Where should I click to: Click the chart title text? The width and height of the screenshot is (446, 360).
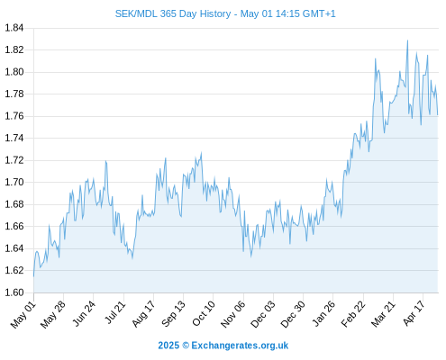click(x=225, y=13)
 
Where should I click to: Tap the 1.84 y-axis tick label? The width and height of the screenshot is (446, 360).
click(x=14, y=28)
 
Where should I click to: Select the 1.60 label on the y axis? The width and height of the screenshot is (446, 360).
click(x=14, y=292)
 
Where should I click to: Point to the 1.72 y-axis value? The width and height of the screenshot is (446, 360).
click(x=14, y=160)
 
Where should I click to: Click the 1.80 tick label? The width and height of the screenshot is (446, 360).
click(x=14, y=72)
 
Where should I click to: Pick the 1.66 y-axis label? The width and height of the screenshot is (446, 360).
click(x=14, y=226)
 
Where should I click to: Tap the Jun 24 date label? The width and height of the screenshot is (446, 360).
click(x=84, y=313)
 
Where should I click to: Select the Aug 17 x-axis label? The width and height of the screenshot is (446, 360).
click(x=143, y=313)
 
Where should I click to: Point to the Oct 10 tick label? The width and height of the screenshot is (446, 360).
click(x=204, y=313)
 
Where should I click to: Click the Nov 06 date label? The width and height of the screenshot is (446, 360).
click(x=233, y=314)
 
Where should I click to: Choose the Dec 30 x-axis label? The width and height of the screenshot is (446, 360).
click(x=293, y=314)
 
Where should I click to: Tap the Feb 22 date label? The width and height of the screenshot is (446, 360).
click(x=353, y=313)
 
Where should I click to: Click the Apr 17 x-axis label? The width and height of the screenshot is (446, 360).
click(x=414, y=313)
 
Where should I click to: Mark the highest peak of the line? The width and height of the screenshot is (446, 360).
click(x=407, y=40)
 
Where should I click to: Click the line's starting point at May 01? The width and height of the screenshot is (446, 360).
click(x=33, y=276)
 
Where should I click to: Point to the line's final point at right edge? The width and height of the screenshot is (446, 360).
click(x=438, y=114)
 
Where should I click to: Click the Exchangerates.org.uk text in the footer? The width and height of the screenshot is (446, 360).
click(x=240, y=346)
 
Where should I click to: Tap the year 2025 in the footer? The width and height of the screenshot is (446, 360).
click(x=168, y=346)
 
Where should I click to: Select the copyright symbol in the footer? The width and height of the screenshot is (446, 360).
click(x=186, y=346)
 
